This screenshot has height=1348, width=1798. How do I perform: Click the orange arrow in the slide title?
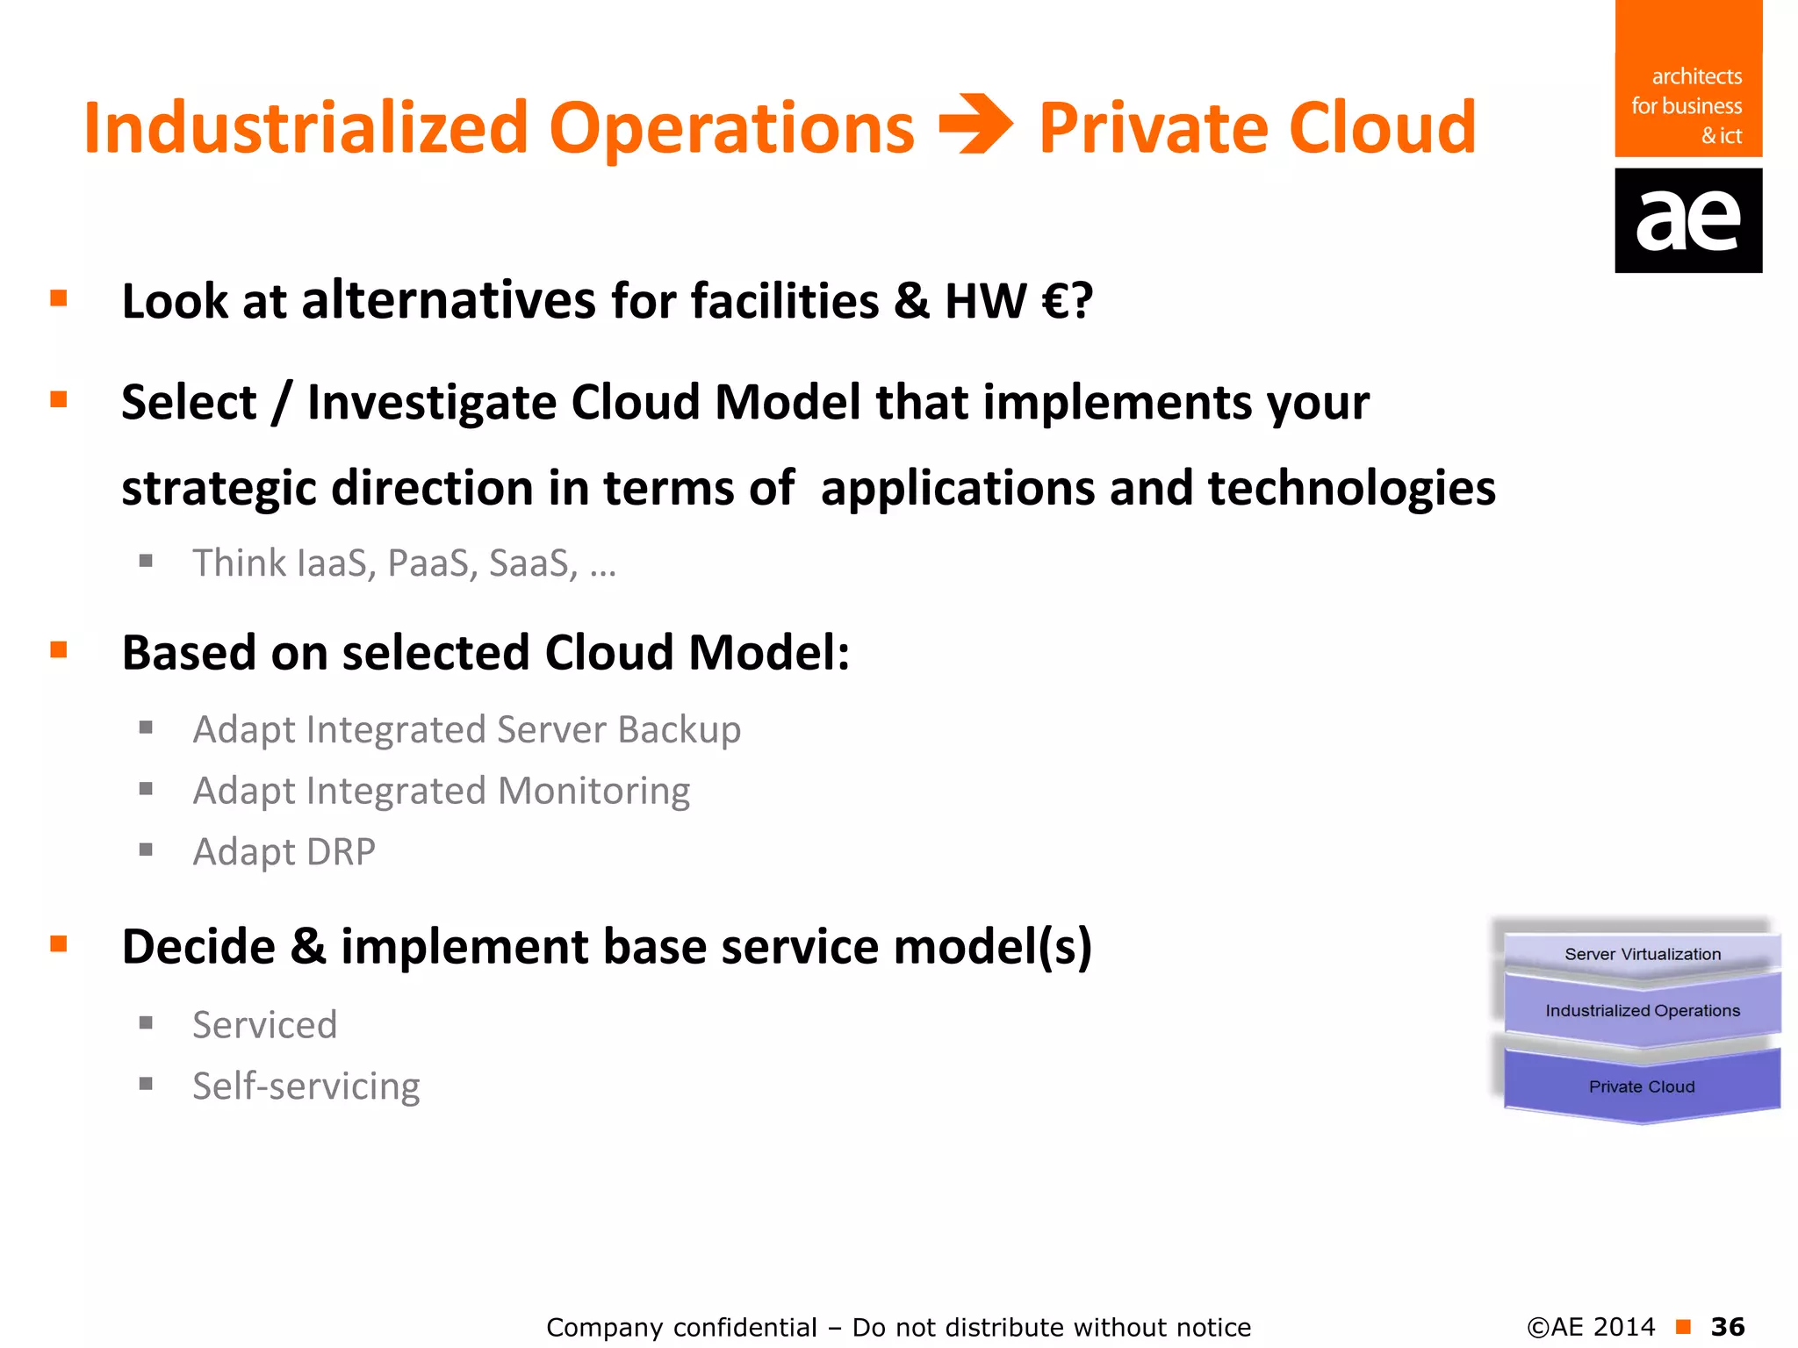tap(975, 125)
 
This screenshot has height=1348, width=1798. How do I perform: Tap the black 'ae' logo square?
tap(1687, 220)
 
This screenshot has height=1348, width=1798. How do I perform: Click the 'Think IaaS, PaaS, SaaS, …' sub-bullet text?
tap(404, 563)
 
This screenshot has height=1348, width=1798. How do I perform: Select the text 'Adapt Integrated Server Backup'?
tap(466, 730)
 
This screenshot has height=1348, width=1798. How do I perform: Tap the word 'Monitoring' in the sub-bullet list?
tap(593, 791)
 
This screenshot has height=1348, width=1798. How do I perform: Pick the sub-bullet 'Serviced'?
tap(264, 1025)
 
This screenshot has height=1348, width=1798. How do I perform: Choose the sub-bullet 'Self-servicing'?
tap(306, 1086)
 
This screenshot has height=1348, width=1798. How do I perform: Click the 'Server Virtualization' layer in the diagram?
tap(1642, 954)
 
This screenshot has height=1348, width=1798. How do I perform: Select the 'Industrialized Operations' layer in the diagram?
tap(1642, 1011)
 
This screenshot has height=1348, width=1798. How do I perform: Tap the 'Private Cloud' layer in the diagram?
tap(1642, 1086)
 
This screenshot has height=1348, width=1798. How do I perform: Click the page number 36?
tap(1728, 1327)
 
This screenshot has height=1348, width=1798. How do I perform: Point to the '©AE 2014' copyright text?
tap(1591, 1327)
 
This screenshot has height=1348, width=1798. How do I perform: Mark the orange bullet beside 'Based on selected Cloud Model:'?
tap(59, 650)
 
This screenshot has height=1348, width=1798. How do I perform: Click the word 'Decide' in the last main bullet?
tap(198, 947)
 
